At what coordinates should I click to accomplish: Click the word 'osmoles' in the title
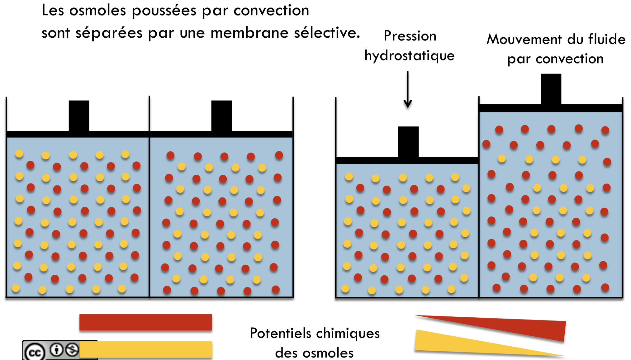tap(97, 11)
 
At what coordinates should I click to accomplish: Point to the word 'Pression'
tap(410, 36)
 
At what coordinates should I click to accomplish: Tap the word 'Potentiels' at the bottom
tap(281, 333)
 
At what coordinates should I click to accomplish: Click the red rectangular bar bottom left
tap(145, 322)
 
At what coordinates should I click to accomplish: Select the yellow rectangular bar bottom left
tap(145, 349)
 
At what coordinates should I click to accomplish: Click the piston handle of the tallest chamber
tap(551, 89)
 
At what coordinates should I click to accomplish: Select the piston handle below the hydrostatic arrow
tap(408, 141)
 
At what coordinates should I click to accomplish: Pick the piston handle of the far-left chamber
tap(79, 116)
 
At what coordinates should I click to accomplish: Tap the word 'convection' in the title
tap(271, 11)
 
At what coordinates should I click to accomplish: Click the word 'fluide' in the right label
tap(607, 40)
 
